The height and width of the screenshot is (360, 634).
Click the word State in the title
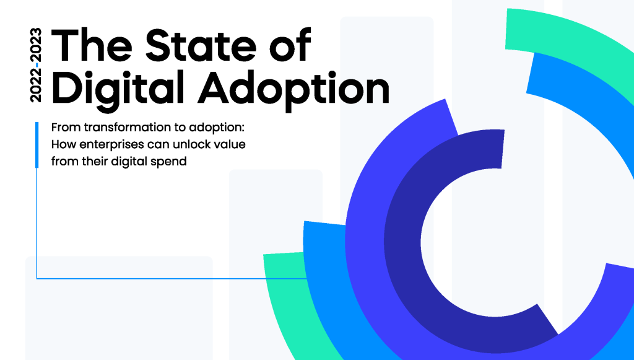(201, 45)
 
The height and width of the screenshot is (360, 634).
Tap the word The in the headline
(92, 45)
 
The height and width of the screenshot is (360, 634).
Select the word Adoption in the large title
(293, 90)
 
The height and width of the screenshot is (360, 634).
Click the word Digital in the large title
(118, 90)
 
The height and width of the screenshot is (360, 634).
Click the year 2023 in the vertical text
(36, 44)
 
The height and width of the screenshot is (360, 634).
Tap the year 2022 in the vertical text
(36, 86)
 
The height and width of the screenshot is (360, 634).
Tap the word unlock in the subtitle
(191, 144)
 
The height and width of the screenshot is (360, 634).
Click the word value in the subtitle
(230, 144)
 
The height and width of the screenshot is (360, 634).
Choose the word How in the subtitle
(64, 144)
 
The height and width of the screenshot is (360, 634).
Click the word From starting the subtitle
(66, 128)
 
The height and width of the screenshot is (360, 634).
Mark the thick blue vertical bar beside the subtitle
(37, 145)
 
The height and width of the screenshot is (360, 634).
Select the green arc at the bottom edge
(283, 307)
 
